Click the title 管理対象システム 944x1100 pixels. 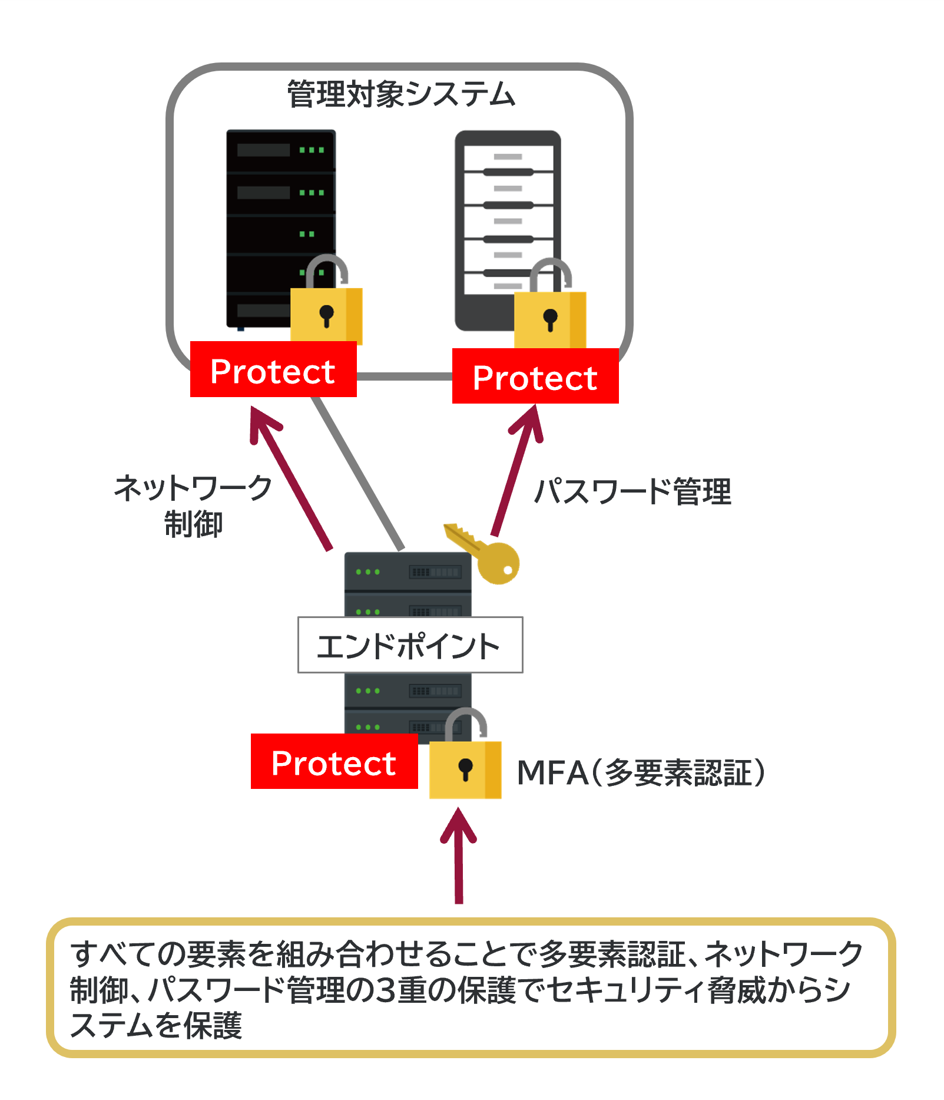[401, 94]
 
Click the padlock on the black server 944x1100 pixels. [326, 306]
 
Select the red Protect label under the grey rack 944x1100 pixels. [535, 376]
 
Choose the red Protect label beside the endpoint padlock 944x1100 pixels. [334, 762]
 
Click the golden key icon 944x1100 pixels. [486, 554]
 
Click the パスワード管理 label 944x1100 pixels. [632, 491]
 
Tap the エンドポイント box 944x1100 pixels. [410, 645]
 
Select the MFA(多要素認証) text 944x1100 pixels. [641, 772]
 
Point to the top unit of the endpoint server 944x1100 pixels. [408, 572]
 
